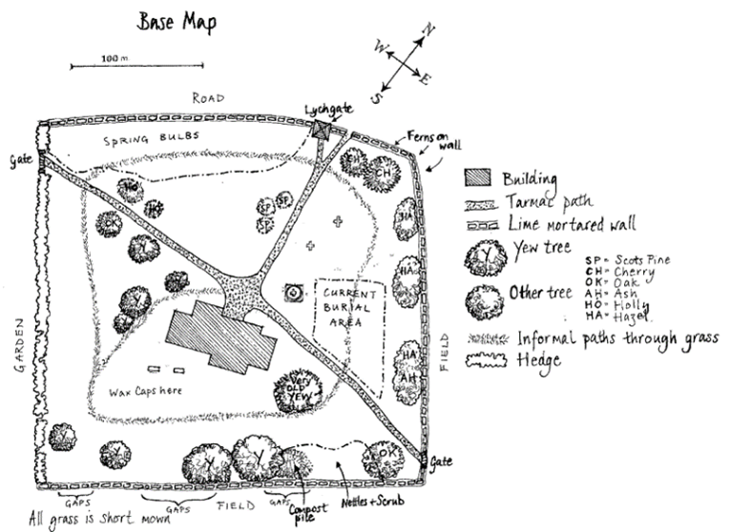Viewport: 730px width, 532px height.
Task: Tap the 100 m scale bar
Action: click(137, 65)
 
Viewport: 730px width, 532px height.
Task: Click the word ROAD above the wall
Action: click(207, 98)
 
